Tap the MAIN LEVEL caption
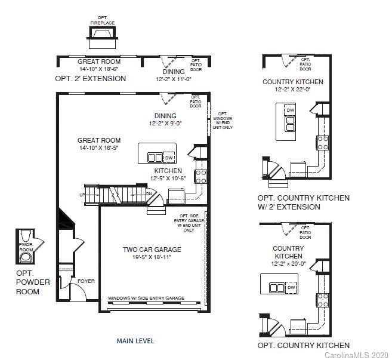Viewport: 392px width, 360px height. click(135, 341)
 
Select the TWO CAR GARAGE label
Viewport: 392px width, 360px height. click(152, 250)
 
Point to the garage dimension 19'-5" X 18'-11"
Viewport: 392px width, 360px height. click(152, 259)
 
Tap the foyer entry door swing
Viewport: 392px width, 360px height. click(78, 292)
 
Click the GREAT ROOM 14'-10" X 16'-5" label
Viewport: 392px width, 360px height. click(98, 144)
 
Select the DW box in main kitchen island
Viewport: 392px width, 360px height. click(169, 157)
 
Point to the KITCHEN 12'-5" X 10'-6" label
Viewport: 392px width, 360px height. click(168, 174)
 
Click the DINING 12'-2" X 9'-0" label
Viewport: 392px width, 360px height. click(165, 119)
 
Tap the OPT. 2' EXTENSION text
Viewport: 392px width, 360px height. click(90, 78)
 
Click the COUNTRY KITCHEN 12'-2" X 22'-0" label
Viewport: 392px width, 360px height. click(293, 85)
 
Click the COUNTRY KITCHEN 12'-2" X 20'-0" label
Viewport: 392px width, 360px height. click(288, 256)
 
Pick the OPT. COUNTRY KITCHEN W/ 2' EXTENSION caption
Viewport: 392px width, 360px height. click(303, 202)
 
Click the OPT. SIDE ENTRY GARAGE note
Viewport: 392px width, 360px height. click(189, 223)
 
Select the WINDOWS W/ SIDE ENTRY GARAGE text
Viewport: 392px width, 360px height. click(146, 298)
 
